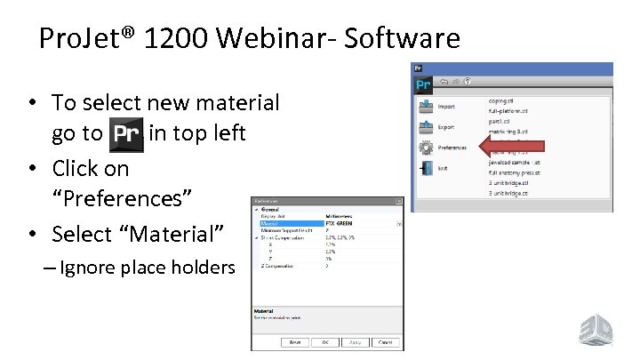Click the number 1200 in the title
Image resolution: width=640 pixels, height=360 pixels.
tap(168, 38)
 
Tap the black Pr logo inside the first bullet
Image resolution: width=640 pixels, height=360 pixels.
tap(125, 136)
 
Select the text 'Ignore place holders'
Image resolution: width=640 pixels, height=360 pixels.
tap(147, 268)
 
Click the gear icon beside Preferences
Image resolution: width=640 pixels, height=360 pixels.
tap(425, 147)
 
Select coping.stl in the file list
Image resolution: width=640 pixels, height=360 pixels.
tap(505, 100)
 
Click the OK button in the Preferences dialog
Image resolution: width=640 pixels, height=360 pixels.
tap(325, 342)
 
